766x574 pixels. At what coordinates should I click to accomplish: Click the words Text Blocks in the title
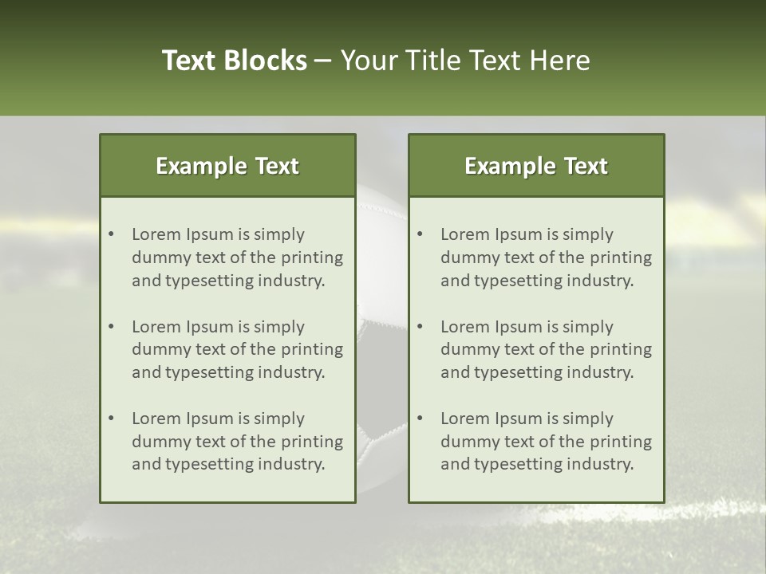point(234,61)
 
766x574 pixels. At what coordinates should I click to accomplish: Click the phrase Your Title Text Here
point(465,61)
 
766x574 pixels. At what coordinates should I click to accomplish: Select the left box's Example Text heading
point(227,166)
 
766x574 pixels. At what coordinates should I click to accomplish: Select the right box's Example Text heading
point(536,166)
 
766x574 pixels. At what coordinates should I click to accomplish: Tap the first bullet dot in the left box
point(112,234)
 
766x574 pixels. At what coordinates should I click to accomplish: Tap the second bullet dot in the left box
point(112,327)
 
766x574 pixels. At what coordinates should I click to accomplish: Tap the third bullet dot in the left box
point(112,419)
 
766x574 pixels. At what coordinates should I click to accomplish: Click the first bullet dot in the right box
point(421,234)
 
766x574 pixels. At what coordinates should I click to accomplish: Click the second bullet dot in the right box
point(421,327)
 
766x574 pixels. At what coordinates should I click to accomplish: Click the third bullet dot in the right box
point(421,419)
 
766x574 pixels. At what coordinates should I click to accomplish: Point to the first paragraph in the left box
point(237,258)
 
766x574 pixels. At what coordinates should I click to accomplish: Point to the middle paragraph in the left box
point(237,349)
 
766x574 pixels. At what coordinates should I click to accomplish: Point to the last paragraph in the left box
point(237,442)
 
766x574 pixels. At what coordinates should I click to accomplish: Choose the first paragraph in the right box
point(546,258)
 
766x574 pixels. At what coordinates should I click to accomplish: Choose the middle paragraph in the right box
point(546,349)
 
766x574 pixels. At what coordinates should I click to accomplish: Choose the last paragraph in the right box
point(546,442)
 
